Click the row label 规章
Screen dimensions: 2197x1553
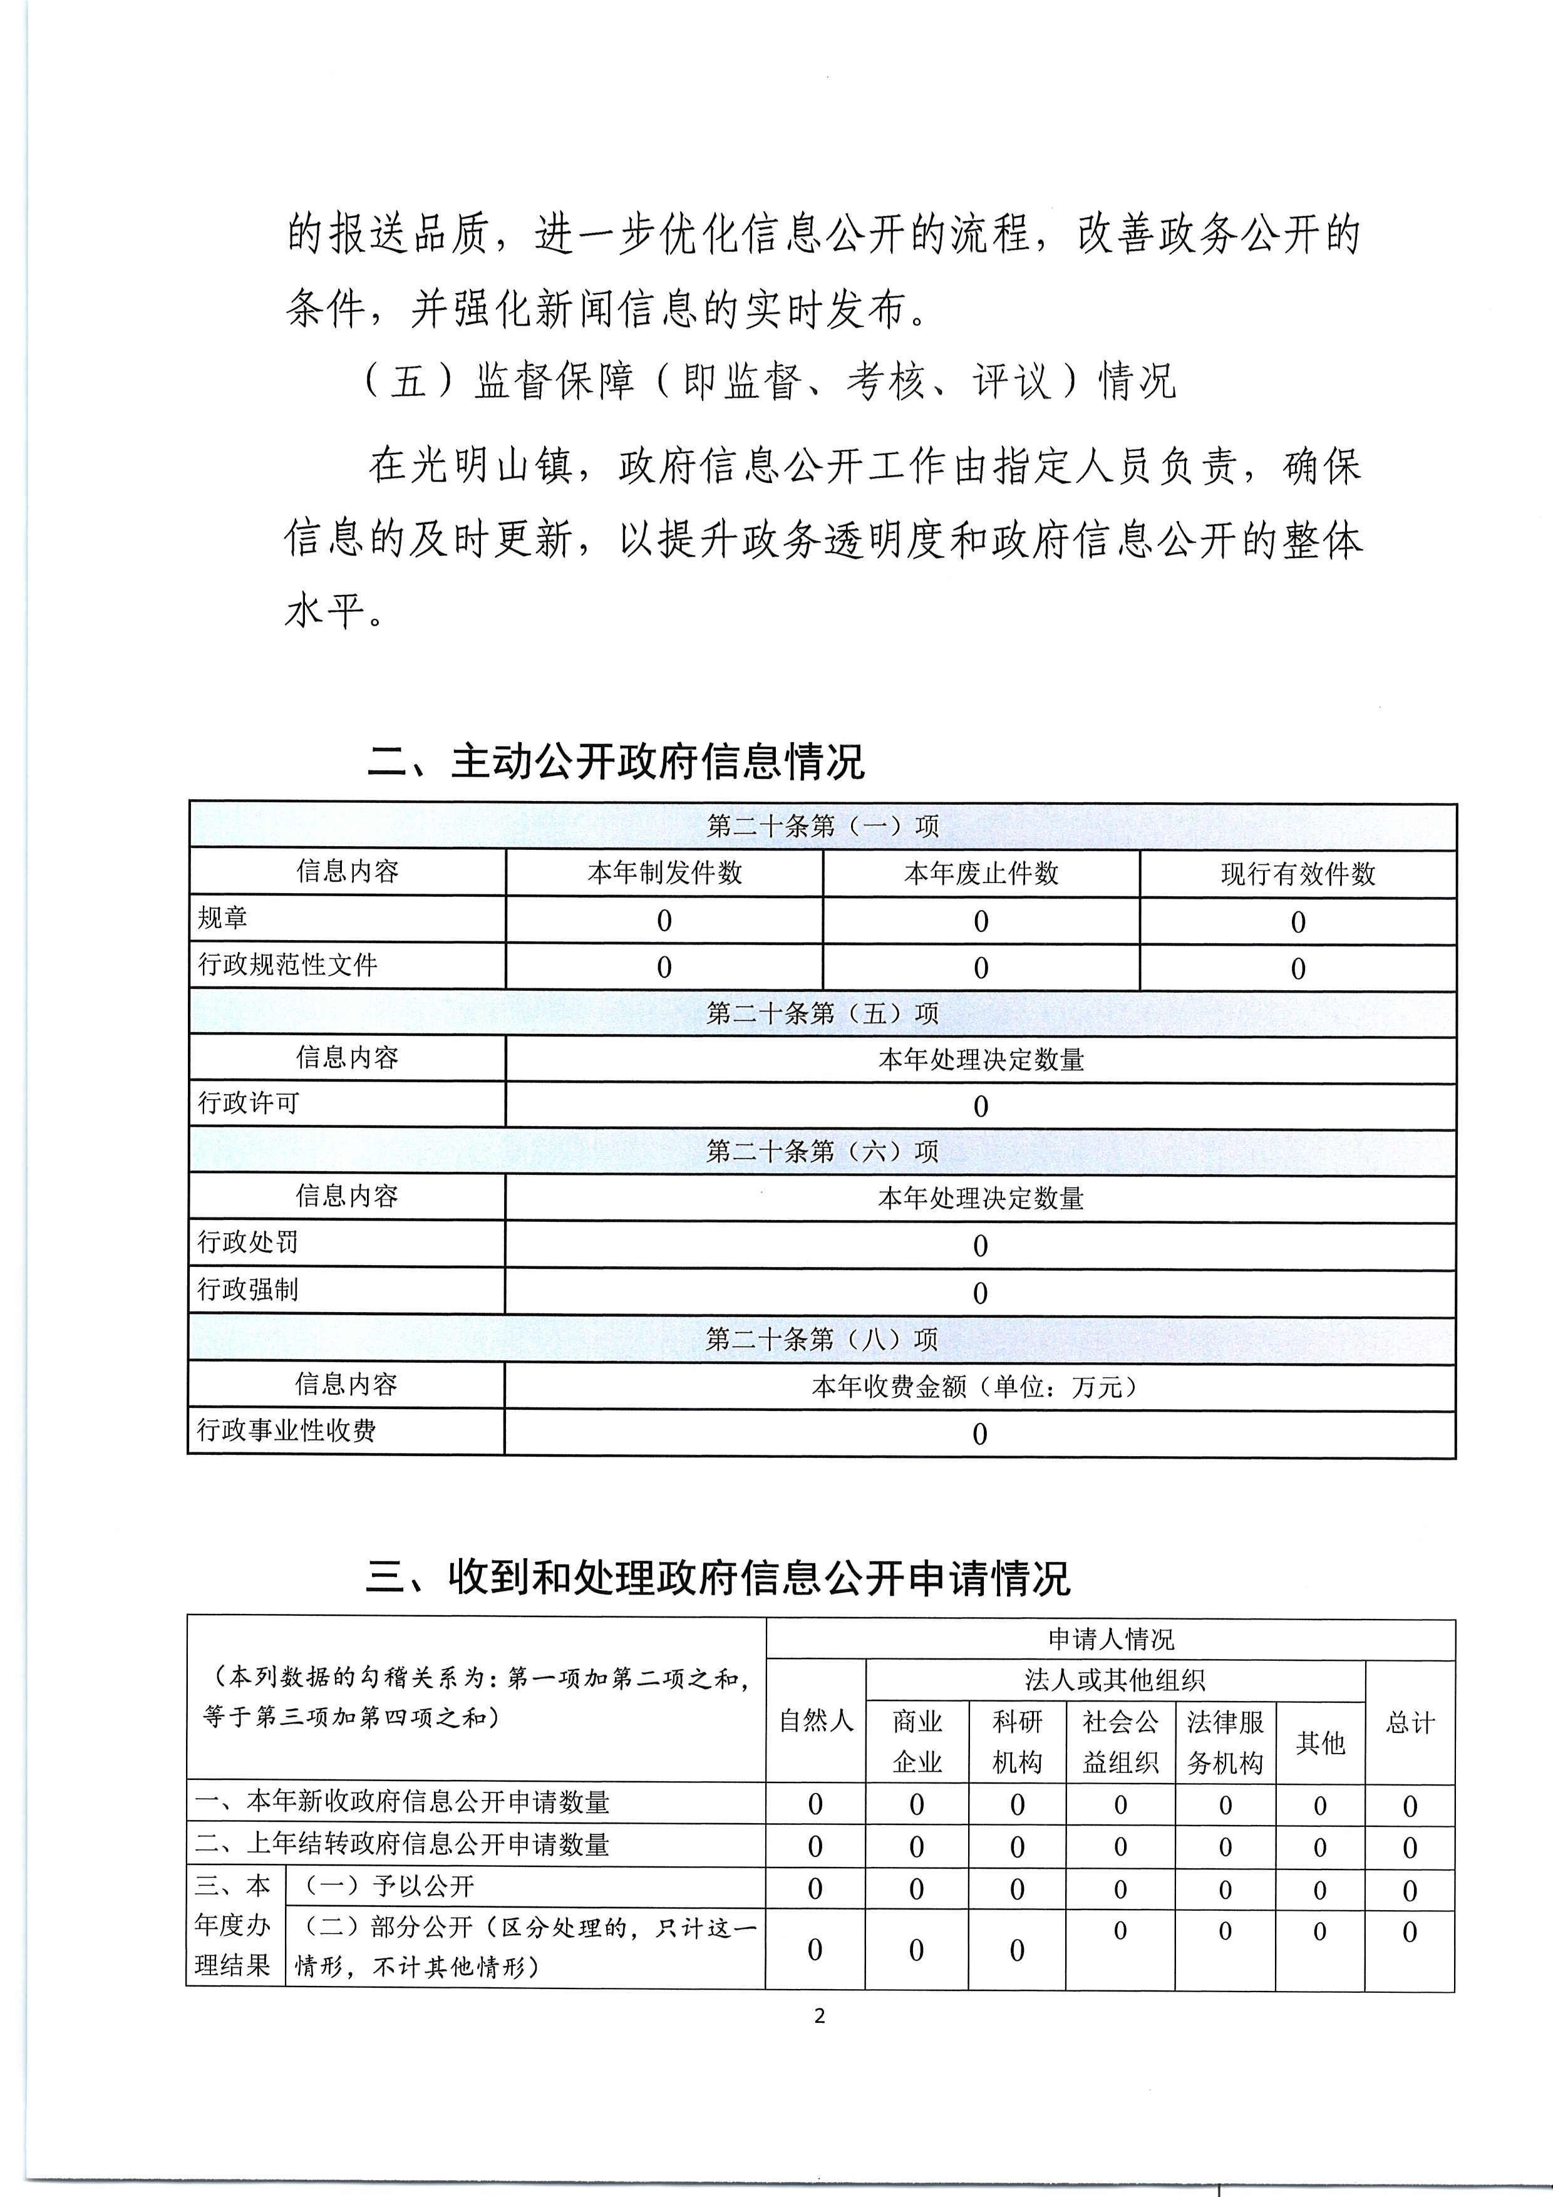coord(223,919)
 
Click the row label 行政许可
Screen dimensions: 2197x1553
coord(248,1104)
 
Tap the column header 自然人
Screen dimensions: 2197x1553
coord(815,1720)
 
